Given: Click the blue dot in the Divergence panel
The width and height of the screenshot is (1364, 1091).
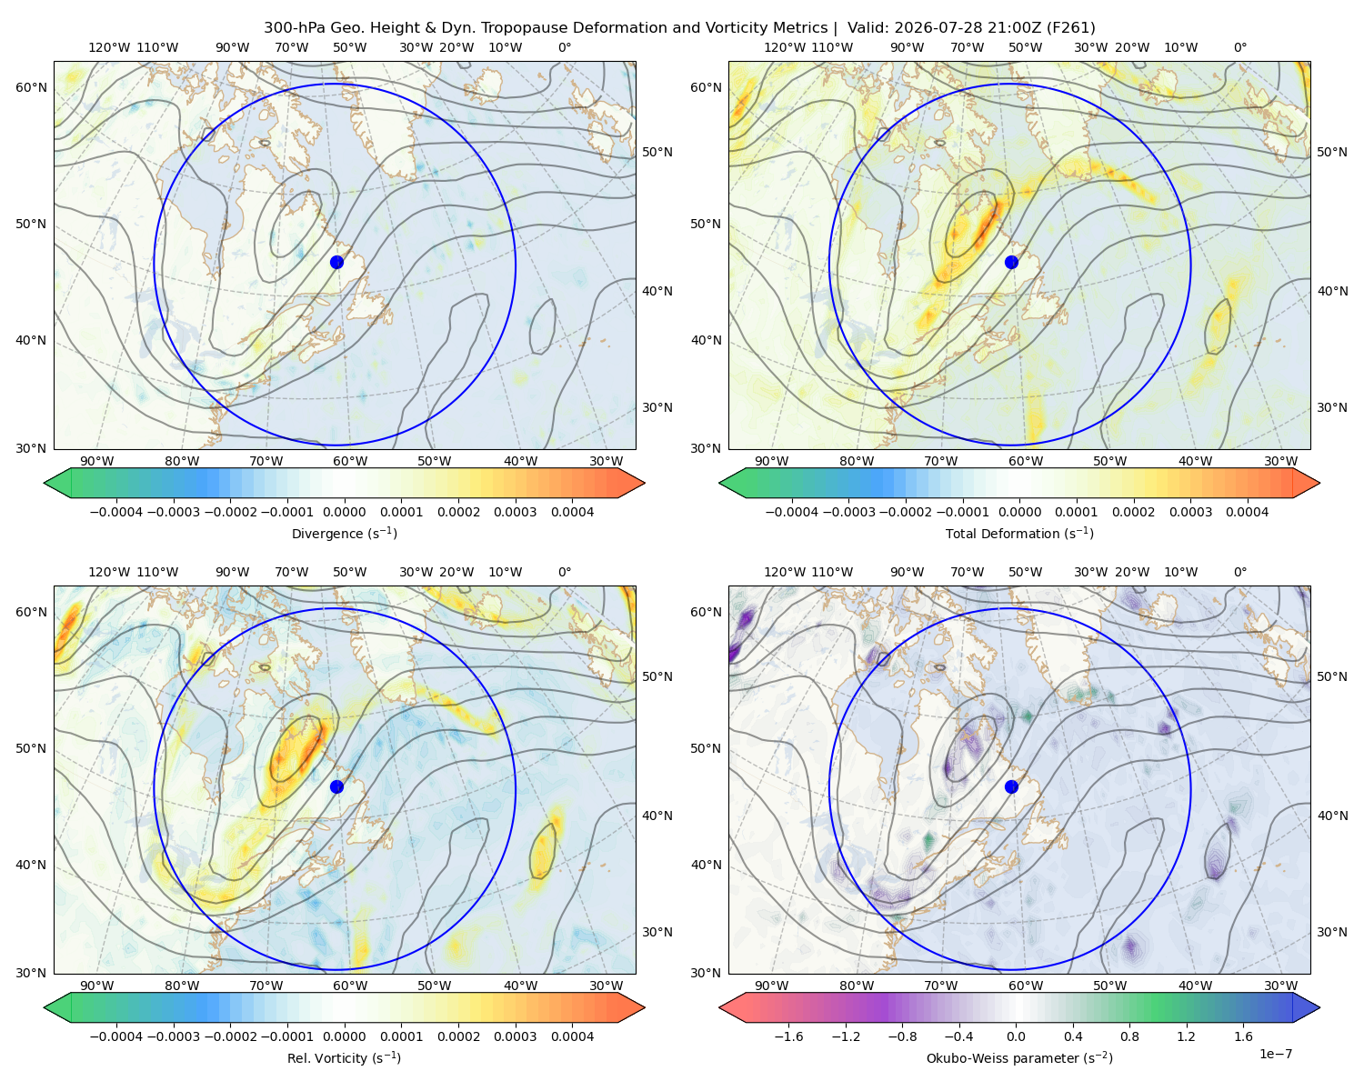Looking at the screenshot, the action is click(336, 262).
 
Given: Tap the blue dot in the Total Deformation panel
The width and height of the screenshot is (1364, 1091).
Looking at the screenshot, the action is click(1011, 262).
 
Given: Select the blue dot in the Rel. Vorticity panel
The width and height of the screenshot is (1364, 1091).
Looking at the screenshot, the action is click(336, 786).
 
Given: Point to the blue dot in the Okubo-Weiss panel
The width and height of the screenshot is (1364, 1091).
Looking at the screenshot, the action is click(1011, 786).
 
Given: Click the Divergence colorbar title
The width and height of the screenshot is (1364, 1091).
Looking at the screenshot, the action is click(344, 533).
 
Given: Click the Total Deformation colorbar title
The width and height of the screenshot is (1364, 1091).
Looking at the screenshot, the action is click(1019, 533).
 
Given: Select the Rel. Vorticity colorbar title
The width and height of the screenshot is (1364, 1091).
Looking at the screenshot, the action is click(344, 1057).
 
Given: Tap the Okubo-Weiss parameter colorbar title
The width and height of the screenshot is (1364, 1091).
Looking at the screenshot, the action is click(1019, 1057).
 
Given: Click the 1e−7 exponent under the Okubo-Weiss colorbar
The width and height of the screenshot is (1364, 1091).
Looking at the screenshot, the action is click(1275, 1054).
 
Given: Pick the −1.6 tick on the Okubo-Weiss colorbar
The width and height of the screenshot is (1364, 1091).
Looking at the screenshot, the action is click(788, 1036).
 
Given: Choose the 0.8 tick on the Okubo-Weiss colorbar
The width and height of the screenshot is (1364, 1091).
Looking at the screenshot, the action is click(1129, 1036).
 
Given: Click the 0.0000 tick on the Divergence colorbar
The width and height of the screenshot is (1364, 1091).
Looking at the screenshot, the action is click(344, 512).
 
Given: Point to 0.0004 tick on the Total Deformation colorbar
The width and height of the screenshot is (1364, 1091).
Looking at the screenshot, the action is click(1247, 512).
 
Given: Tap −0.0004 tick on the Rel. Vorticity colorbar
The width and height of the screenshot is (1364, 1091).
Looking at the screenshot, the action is click(116, 1036).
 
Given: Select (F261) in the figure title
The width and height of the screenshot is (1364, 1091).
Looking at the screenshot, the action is click(1070, 27).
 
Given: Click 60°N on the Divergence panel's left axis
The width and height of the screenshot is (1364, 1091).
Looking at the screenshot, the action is click(31, 87).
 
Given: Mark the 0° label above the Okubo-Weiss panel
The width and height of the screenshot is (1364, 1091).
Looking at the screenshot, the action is click(1239, 572).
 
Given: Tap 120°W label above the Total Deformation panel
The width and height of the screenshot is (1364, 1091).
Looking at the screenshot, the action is click(784, 47).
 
